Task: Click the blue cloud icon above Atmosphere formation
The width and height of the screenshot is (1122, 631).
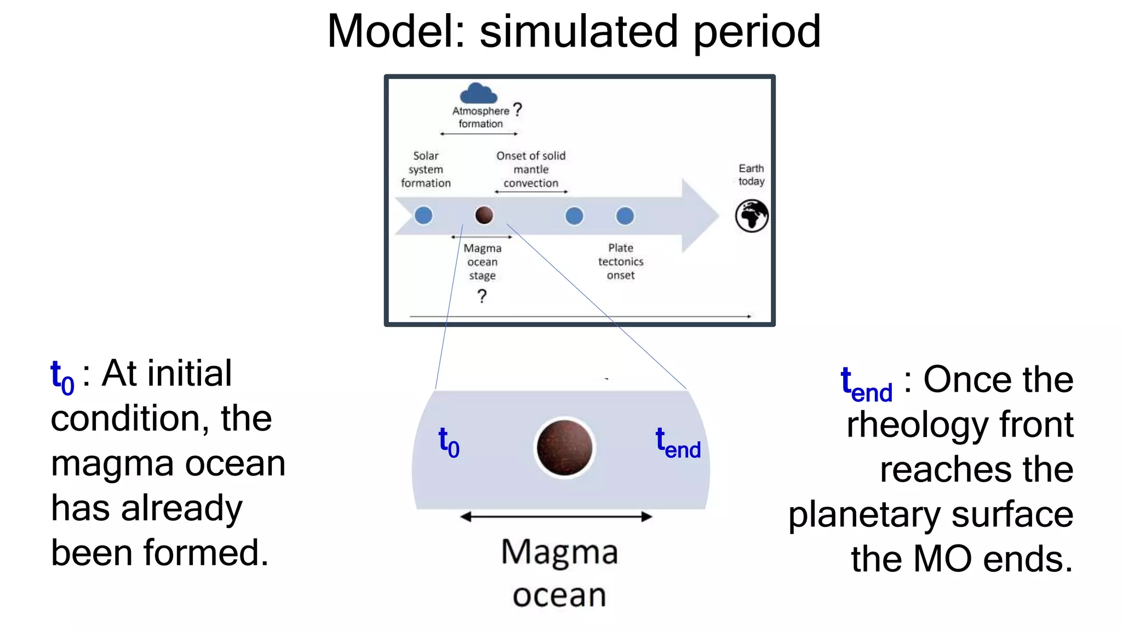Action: click(478, 94)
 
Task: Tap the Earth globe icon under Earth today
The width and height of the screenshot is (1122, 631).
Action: click(752, 216)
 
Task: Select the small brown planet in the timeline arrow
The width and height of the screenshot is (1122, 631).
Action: click(484, 215)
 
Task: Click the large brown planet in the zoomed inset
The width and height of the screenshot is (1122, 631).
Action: click(564, 448)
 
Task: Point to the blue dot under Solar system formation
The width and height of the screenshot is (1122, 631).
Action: click(423, 215)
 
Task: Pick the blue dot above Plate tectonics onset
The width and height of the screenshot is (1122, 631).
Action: click(625, 216)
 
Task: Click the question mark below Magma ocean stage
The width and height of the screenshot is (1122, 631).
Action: click(482, 296)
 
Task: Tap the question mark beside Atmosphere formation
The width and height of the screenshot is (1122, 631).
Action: click(517, 110)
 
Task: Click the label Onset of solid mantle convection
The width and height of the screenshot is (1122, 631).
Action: click(531, 169)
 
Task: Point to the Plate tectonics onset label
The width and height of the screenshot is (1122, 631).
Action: click(621, 262)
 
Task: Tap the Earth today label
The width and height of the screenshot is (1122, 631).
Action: click(751, 175)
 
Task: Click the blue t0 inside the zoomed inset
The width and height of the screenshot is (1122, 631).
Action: click(449, 442)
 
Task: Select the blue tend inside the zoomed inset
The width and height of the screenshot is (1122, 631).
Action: click(678, 443)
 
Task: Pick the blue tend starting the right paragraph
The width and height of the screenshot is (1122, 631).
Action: click(866, 383)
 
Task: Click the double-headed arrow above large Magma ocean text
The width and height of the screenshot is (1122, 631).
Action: click(556, 517)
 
